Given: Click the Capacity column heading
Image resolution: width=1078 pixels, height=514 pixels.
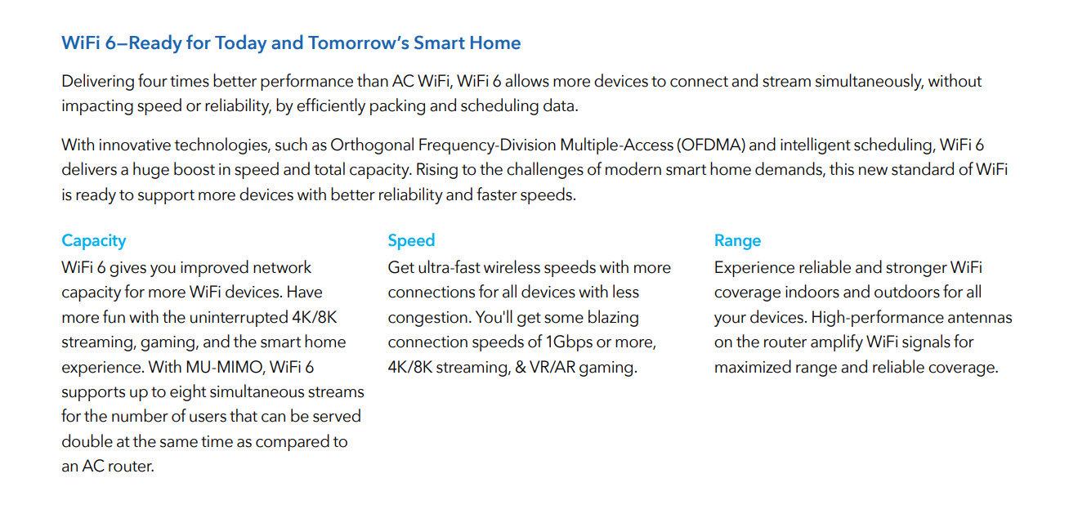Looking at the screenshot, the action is [x=94, y=240].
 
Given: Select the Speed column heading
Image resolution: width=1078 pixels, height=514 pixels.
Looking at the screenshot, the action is [x=411, y=240].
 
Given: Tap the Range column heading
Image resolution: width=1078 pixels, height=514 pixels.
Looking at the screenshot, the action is [x=737, y=240].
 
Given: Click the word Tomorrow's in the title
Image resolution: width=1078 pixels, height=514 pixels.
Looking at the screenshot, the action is [x=359, y=42].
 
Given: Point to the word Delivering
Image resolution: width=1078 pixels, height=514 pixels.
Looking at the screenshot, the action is [x=98, y=82].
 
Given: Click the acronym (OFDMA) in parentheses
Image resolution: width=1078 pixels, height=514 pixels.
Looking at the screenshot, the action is [x=711, y=145].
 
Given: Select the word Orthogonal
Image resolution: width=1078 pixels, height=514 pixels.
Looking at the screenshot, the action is [x=372, y=145].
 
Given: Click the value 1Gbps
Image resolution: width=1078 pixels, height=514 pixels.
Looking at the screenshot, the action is [x=570, y=342].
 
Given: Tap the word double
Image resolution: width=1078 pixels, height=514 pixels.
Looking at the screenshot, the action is [x=84, y=441].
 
